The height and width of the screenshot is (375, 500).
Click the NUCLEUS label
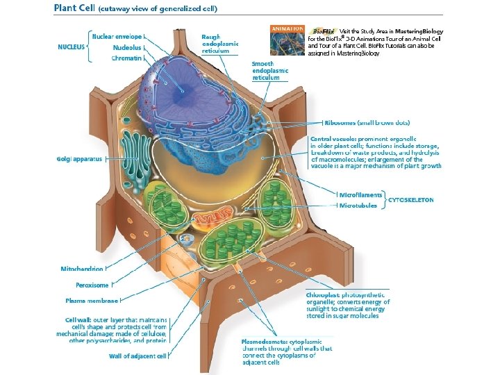72,47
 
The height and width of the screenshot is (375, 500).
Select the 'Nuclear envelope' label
117,35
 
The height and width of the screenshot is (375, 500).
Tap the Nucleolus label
127,47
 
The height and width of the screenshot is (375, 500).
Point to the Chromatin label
127,58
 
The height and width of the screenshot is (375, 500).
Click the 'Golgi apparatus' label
79,159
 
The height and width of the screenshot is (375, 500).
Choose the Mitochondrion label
82,268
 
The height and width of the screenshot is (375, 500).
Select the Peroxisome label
92,285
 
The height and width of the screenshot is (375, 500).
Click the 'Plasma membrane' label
92,301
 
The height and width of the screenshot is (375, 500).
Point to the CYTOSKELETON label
410,200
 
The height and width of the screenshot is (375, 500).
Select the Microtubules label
358,206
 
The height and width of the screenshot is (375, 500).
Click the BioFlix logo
323,31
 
